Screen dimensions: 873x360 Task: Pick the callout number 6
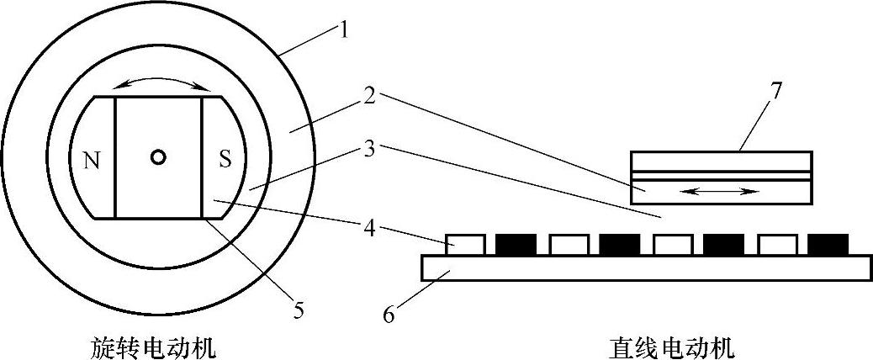coord(389,315)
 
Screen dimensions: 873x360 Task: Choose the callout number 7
coord(775,90)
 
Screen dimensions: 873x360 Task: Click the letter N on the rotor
coord(91,159)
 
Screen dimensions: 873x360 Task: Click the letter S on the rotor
coord(225,159)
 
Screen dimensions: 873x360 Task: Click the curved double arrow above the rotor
coord(163,82)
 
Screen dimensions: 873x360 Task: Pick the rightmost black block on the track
coord(828,245)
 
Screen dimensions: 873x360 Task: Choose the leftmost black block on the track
coord(516,245)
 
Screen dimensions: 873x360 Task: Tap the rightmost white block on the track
coord(776,245)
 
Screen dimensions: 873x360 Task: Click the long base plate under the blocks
coord(645,267)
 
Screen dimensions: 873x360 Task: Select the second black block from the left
coord(620,245)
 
